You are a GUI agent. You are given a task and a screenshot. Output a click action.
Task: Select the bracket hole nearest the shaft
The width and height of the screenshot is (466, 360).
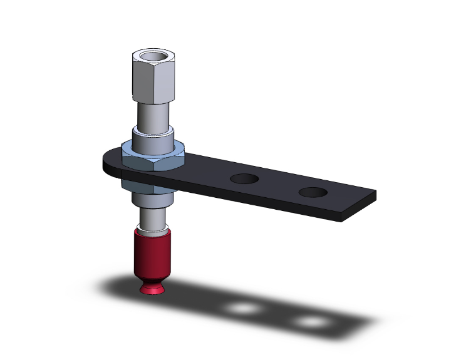(244, 179)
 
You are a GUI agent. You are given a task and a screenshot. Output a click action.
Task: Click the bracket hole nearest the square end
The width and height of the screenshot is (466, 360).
(313, 192)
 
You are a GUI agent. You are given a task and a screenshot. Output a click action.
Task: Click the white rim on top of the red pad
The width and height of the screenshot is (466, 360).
(152, 232)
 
